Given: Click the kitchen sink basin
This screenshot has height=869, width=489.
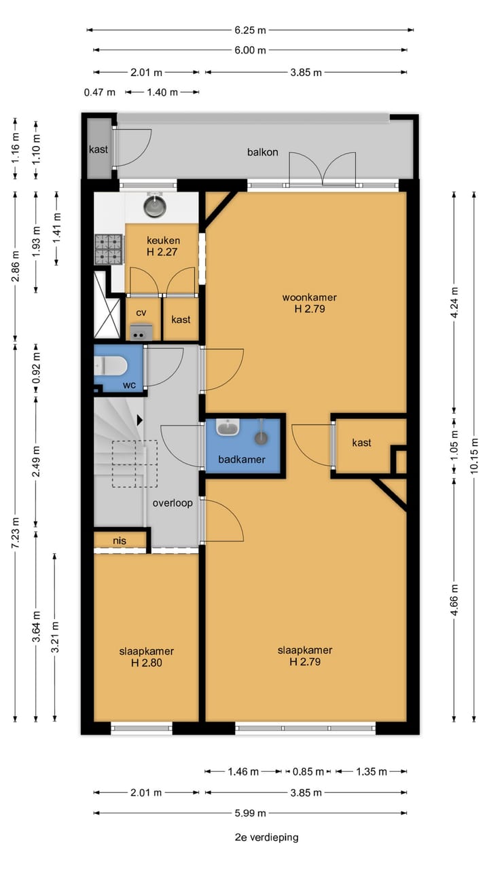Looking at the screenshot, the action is pos(155,205).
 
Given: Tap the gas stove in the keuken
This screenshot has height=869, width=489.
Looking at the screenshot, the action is pos(108,249).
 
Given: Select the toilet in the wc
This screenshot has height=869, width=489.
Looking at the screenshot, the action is pos(110,366).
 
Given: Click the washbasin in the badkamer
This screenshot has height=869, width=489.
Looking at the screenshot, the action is pos(228,427).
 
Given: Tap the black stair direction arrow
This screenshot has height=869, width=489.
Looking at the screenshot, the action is pos(140,420).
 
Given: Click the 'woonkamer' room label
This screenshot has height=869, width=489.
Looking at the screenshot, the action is pos(309,297).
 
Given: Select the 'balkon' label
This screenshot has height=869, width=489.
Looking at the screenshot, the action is pos(263,152).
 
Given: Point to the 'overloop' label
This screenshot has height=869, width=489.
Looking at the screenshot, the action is pos(173,503).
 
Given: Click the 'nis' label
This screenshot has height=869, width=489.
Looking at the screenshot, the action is pos(120,541).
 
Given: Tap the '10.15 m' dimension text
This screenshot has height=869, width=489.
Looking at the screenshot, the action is pos(474,456).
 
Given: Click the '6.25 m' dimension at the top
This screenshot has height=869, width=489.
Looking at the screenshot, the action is pos(251,31).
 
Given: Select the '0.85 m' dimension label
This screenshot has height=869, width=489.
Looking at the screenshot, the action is pos(308,772).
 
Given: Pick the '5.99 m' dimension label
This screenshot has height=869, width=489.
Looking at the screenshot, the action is pos(251,813).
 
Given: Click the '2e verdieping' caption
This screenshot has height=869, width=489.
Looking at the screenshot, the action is pos(267,837).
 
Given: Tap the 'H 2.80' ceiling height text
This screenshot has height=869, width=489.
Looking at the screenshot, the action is pos(146,663).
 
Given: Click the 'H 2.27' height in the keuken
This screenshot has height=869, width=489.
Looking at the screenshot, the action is pos(162,252).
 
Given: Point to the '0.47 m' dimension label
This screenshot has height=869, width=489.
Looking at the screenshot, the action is pos(100,92).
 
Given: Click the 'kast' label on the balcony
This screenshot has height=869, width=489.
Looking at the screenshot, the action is pos(98,149).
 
